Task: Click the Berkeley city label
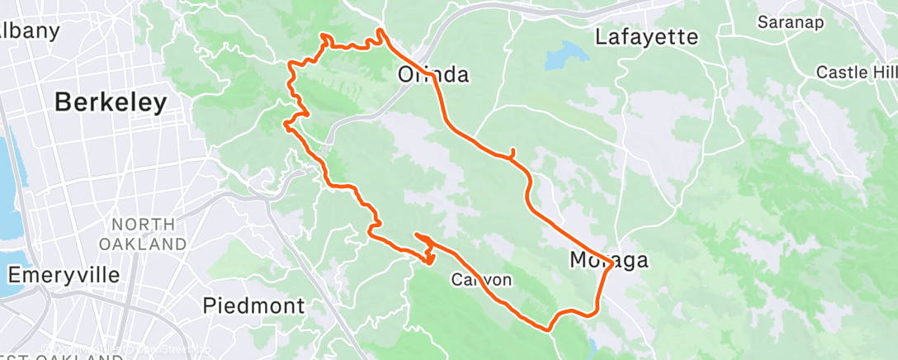pos(111,102)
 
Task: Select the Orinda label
pos(433,75)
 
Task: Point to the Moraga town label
pos(609,261)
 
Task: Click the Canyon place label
pos(481,280)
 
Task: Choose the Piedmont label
pos(253,306)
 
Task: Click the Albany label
pos(31,31)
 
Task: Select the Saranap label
pos(792,22)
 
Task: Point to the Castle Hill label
pos(856,73)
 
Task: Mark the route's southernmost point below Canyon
pos(547,329)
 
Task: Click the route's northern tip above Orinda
pos(380,31)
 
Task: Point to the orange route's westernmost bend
pos(286,125)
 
